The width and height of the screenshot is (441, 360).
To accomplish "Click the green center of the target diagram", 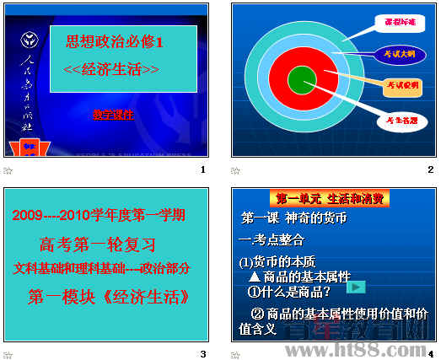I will [301, 81].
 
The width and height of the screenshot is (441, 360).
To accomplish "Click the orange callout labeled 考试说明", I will [402, 85].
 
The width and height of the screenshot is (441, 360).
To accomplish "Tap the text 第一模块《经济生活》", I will [107, 297].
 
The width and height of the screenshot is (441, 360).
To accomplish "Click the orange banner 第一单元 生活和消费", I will [331, 199].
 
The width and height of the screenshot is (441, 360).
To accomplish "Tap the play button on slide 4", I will [358, 287].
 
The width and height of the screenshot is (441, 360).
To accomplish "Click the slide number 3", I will [203, 353].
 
